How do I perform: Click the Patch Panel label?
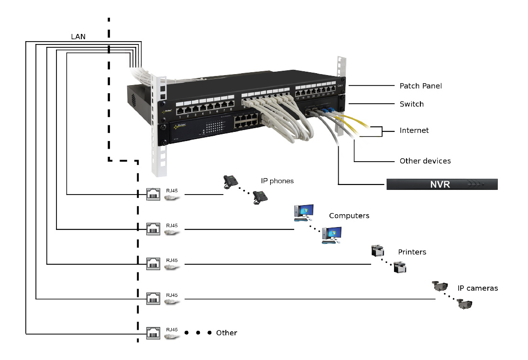pyautogui.click(x=420, y=86)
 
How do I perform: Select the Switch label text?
pyautogui.click(x=411, y=104)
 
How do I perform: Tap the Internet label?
pyautogui.click(x=414, y=130)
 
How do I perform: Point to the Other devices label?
pyautogui.click(x=425, y=161)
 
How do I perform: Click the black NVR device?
pyautogui.click(x=441, y=184)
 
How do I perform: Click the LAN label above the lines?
pyautogui.click(x=77, y=36)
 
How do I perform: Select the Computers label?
pyautogui.click(x=349, y=216)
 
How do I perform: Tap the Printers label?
pyautogui.click(x=412, y=251)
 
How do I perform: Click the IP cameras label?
pyautogui.click(x=477, y=288)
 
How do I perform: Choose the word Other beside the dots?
pyautogui.click(x=226, y=333)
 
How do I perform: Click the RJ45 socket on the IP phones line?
pyautogui.click(x=153, y=194)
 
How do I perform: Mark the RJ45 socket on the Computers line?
pyautogui.click(x=153, y=229)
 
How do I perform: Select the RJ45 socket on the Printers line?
pyautogui.click(x=153, y=263)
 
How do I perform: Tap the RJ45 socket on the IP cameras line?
pyautogui.click(x=153, y=299)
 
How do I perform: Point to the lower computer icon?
pyautogui.click(x=331, y=235)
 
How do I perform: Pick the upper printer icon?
pyautogui.click(x=378, y=251)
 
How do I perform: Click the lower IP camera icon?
pyautogui.click(x=464, y=304)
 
